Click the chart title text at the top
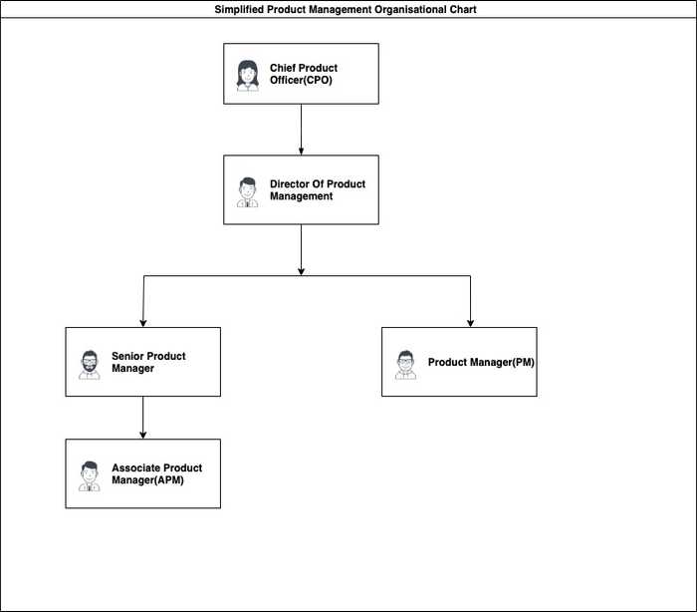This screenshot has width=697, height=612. pyautogui.click(x=346, y=9)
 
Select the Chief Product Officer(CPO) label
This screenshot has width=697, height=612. pyautogui.click(x=304, y=74)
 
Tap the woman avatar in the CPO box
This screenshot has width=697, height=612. pyautogui.click(x=248, y=76)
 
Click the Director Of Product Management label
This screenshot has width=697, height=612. pyautogui.click(x=318, y=190)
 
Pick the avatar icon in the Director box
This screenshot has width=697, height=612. pyautogui.click(x=247, y=192)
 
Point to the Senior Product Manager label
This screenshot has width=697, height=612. pyautogui.click(x=148, y=362)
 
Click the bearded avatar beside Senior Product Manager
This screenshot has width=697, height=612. pyautogui.click(x=90, y=365)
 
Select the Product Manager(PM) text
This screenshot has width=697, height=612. pyautogui.click(x=481, y=362)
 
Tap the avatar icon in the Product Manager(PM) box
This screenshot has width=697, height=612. pyautogui.click(x=405, y=365)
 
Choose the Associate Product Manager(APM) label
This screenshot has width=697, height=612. pyautogui.click(x=157, y=474)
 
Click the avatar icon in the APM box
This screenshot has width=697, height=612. pyautogui.click(x=90, y=476)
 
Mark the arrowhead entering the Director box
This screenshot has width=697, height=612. pyautogui.click(x=301, y=152)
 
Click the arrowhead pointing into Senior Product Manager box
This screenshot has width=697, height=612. pyautogui.click(x=143, y=324)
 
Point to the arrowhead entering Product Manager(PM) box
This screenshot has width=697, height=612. pyautogui.click(x=470, y=324)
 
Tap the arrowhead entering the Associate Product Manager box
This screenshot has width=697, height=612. pyautogui.click(x=143, y=436)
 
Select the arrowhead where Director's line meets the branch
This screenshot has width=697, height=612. pyautogui.click(x=301, y=271)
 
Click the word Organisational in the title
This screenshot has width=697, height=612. pyautogui.click(x=410, y=9)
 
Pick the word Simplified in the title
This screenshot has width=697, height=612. pyautogui.click(x=239, y=9)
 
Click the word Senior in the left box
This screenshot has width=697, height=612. pyautogui.click(x=126, y=356)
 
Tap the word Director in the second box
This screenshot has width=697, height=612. pyautogui.click(x=290, y=183)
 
